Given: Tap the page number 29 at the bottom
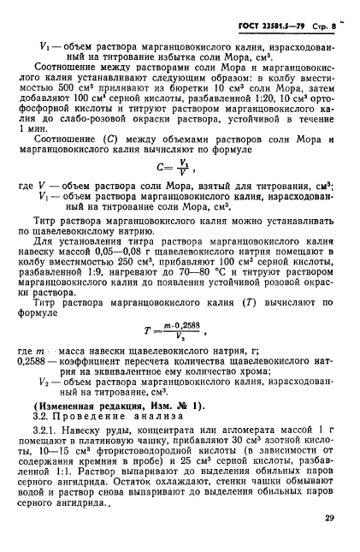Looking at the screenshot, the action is tap(329, 518).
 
